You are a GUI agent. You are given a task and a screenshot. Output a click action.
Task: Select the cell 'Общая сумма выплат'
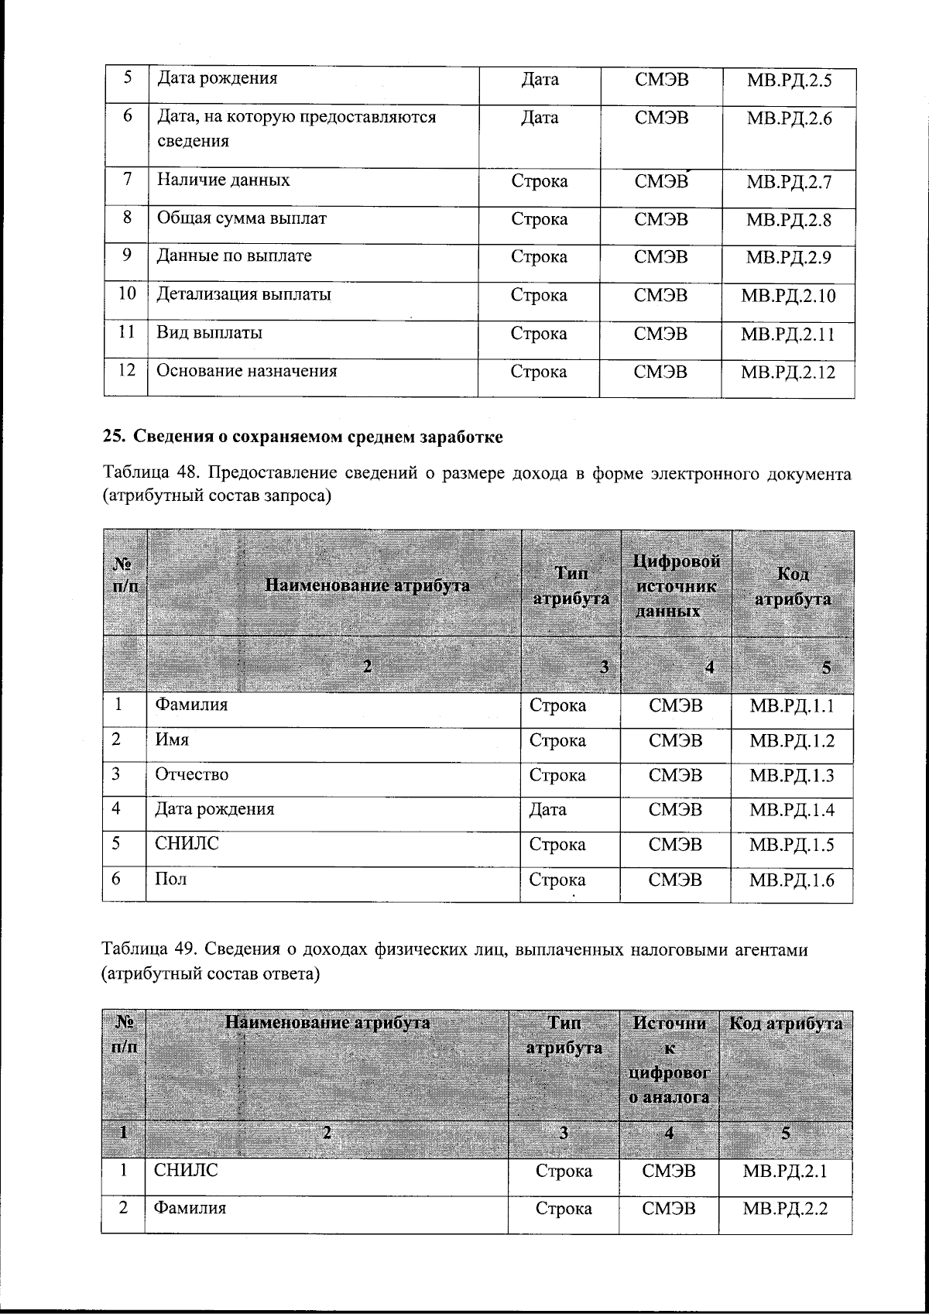pos(242,218)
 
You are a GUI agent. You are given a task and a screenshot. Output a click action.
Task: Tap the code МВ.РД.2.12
pos(788,372)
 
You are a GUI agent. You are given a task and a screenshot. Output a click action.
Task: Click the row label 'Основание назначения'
pos(247,371)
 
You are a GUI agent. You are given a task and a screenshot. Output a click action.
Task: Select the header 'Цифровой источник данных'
pos(677,585)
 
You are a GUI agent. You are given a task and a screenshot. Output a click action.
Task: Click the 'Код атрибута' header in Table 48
pos(792,586)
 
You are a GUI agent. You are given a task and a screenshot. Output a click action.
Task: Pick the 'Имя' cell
pos(172,739)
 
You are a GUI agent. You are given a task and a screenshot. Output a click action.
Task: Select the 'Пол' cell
pos(171,880)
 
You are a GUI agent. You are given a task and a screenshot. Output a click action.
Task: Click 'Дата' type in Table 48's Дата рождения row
pos(547,810)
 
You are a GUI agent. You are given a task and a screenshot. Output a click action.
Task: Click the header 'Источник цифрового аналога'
pos(669,1059)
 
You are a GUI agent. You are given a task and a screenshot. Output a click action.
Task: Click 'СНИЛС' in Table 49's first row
pos(186,1170)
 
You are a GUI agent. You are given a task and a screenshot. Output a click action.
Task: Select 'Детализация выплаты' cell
pos(244,295)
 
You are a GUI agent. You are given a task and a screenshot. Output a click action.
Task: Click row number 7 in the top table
pos(126,179)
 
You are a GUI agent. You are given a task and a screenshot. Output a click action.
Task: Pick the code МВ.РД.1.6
pos(791,880)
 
